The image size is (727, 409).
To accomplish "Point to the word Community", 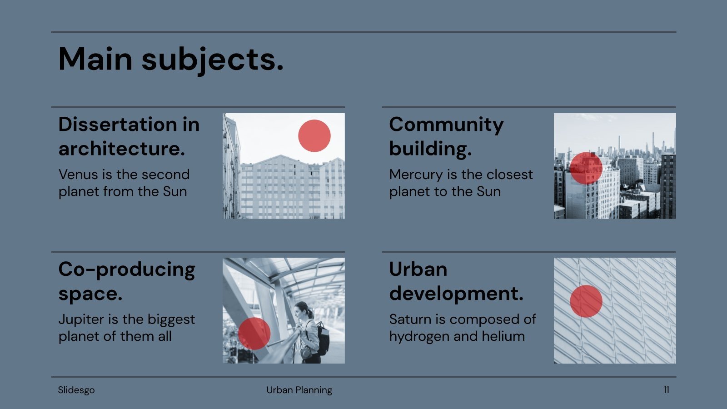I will [446, 125].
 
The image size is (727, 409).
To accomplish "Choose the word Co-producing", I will [127, 269].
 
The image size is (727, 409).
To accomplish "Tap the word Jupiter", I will [81, 319].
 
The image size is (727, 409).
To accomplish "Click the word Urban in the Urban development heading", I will [418, 269].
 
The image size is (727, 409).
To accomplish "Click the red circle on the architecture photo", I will [314, 135].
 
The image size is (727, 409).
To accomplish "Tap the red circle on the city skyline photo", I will [586, 168].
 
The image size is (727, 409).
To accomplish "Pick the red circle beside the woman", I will [254, 334].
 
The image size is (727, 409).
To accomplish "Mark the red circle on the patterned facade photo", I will [586, 301].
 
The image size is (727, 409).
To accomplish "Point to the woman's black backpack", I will [323, 339].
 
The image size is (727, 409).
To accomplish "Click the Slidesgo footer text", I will [76, 390].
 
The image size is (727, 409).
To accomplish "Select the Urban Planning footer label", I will [299, 390].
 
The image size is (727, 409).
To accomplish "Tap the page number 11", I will [666, 390].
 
